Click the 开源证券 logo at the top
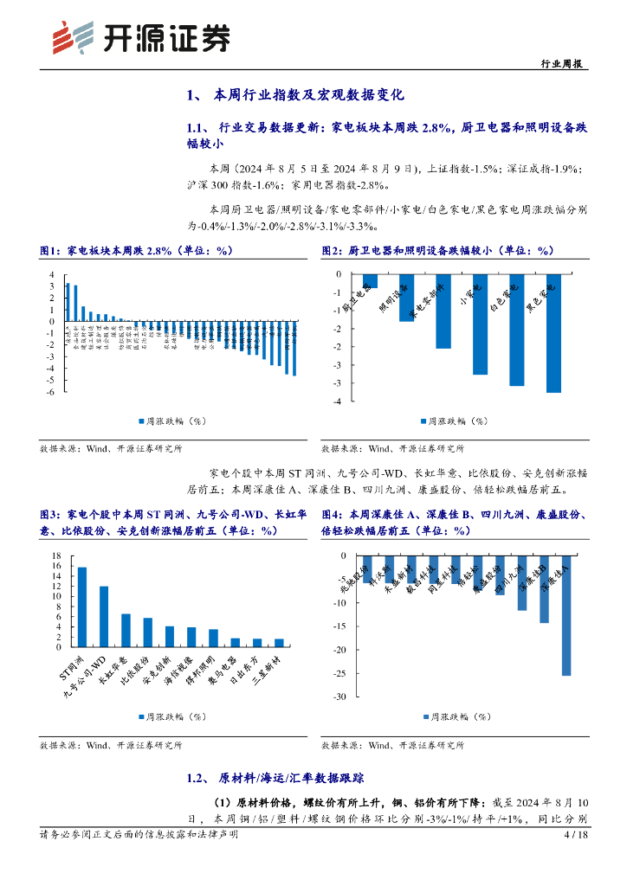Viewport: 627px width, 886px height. pyautogui.click(x=142, y=36)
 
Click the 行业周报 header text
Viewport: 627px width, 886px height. pyautogui.click(x=562, y=64)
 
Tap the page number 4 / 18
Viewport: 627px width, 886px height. pyautogui.click(x=576, y=835)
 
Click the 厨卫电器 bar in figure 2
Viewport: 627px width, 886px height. pyautogui.click(x=371, y=281)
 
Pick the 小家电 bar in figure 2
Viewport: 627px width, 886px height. pyautogui.click(x=480, y=324)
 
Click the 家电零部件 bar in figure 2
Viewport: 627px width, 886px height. pyautogui.click(x=443, y=311)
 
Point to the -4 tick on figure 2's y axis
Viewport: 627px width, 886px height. pyautogui.click(x=333, y=401)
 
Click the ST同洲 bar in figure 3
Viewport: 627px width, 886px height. pyautogui.click(x=82, y=607)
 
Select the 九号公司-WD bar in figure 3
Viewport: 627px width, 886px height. pyautogui.click(x=104, y=617)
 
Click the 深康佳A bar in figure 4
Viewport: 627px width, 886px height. pyautogui.click(x=566, y=615)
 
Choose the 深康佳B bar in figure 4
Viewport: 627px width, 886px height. pyautogui.click(x=545, y=589)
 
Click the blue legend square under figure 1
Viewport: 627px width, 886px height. pyautogui.click(x=140, y=421)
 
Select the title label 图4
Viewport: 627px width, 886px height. pyautogui.click(x=332, y=514)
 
